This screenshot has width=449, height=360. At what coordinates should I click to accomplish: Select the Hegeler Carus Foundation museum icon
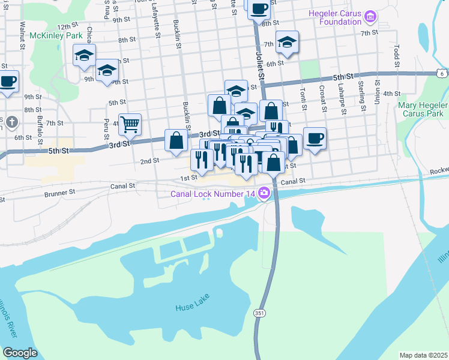[371, 17]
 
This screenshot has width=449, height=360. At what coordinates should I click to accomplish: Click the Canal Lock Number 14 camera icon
[264, 194]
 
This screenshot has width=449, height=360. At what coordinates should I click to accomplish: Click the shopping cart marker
[130, 125]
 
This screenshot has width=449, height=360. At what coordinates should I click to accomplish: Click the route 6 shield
[442, 73]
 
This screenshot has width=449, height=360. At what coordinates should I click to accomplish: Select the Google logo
[20, 353]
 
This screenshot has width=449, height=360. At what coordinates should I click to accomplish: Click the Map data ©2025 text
[424, 355]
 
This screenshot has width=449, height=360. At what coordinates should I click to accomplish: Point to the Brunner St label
[59, 194]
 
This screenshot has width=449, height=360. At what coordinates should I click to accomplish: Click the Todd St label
[397, 55]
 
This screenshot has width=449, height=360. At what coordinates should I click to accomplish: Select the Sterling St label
[362, 96]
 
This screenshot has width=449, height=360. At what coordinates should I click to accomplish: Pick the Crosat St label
[322, 98]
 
